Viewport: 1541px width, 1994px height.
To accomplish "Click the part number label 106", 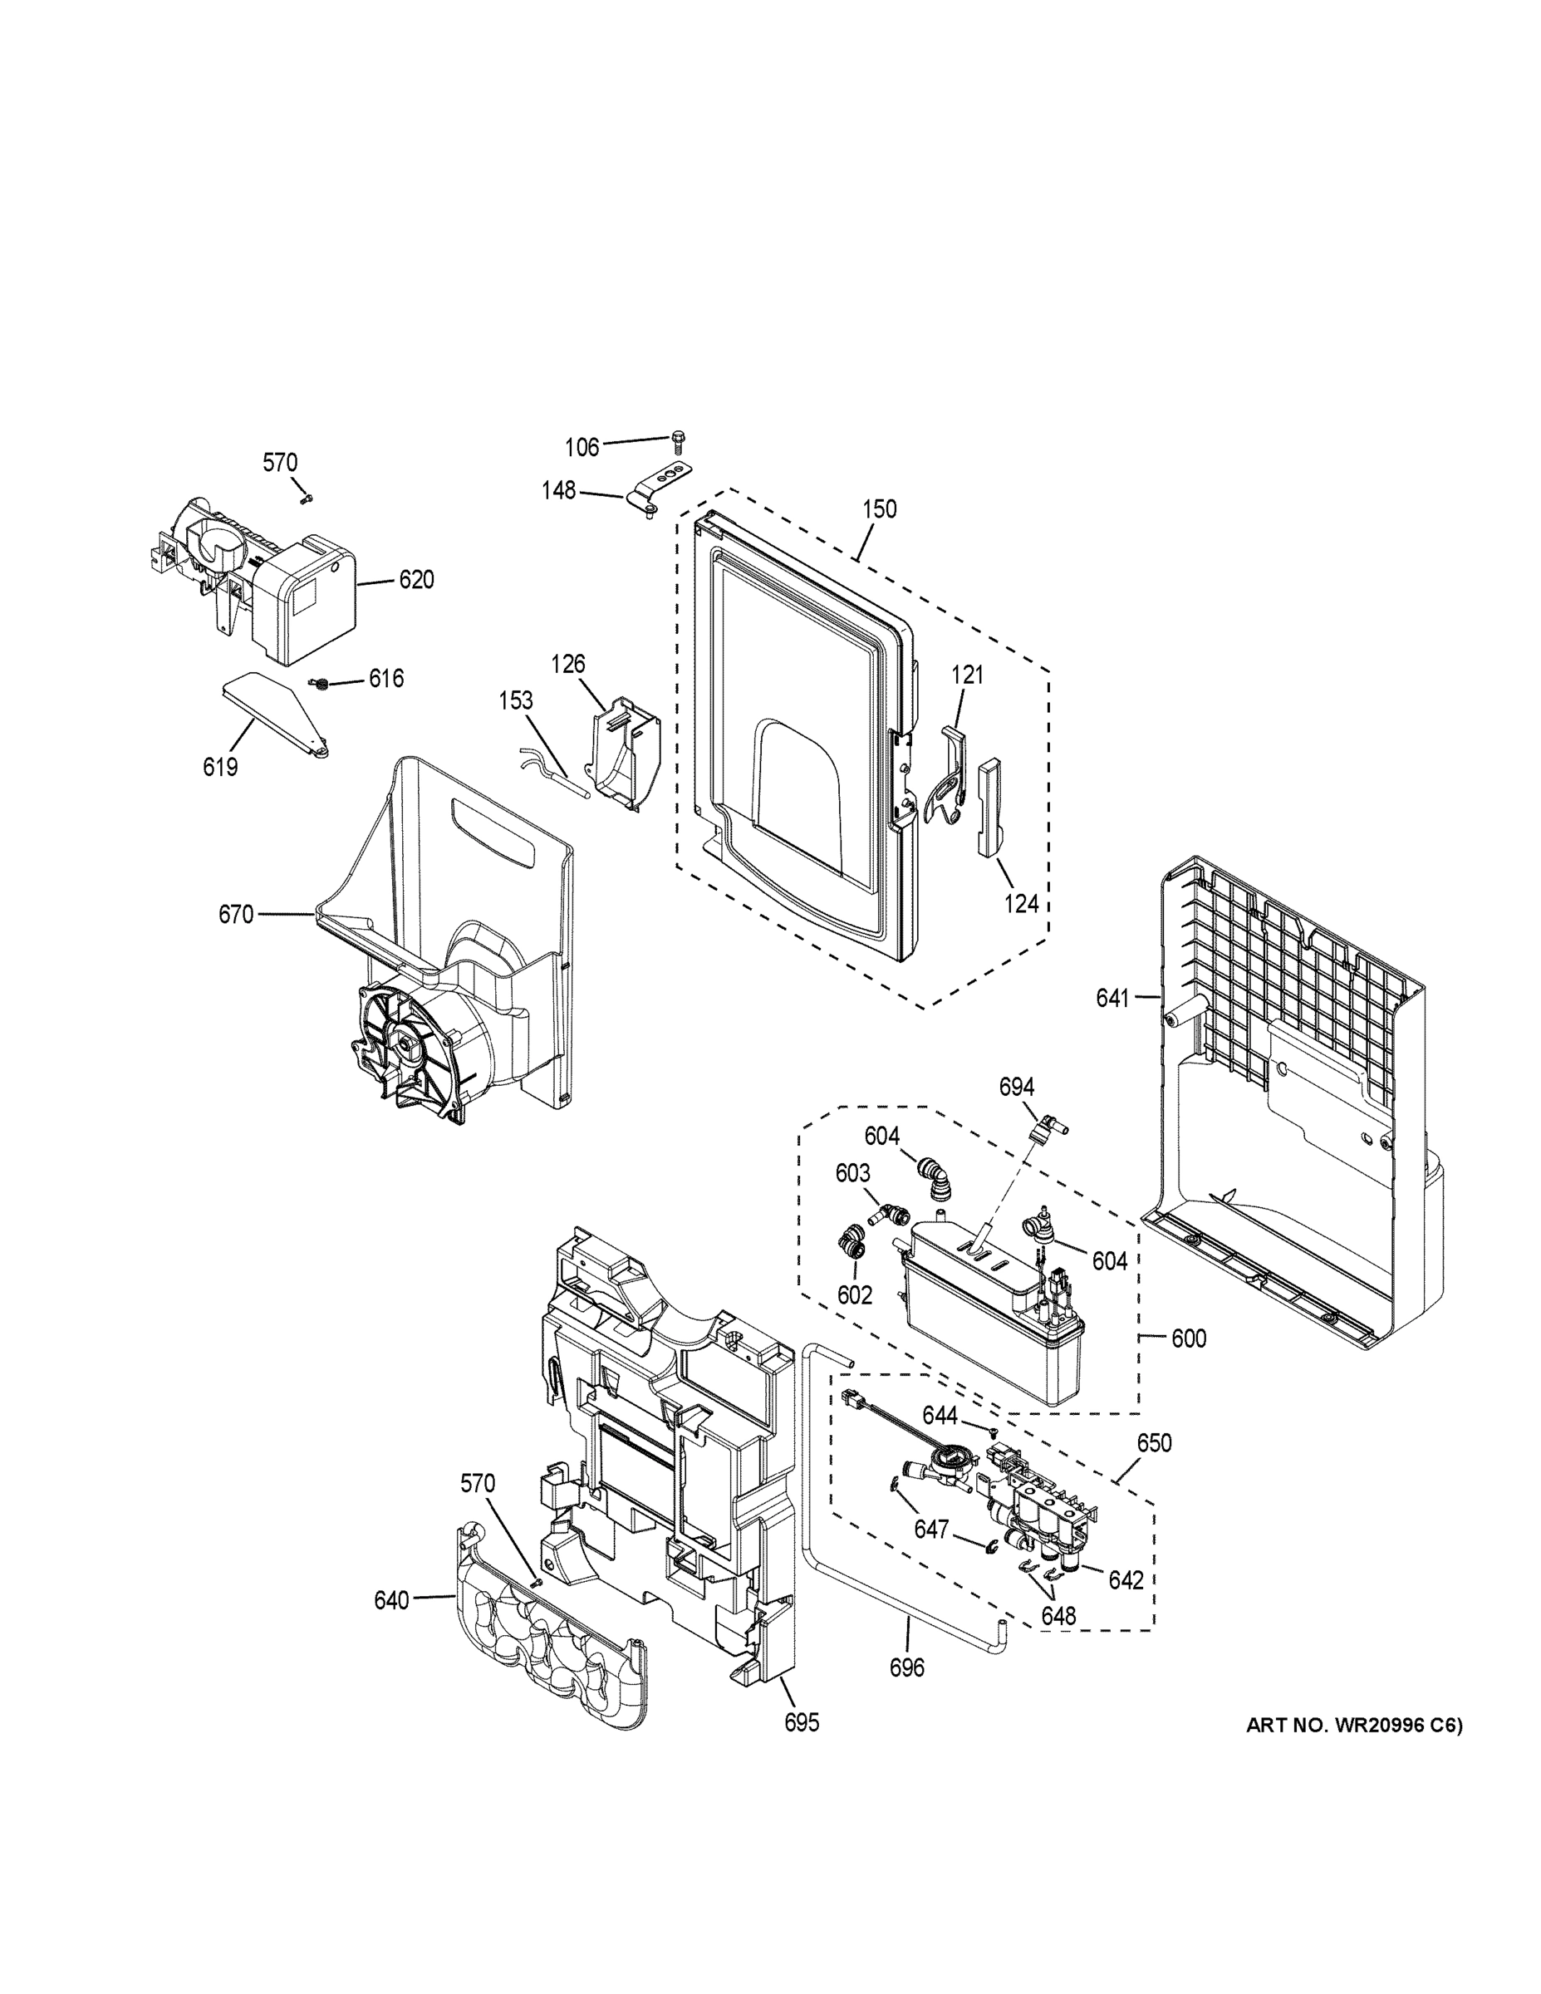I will pyautogui.click(x=582, y=446).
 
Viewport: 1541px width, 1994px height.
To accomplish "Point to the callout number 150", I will pyautogui.click(x=879, y=508).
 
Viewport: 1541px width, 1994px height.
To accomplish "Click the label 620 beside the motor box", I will pyautogui.click(x=415, y=580).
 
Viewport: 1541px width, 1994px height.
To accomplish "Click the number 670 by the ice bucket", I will pyautogui.click(x=236, y=914).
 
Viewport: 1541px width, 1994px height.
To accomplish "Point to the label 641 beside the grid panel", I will pyautogui.click(x=1113, y=999).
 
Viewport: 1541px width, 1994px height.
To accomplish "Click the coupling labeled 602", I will pyautogui.click(x=850, y=1246).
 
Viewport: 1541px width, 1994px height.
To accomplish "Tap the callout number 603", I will pyautogui.click(x=852, y=1173).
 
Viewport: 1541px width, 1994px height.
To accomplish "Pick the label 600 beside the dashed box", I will pyautogui.click(x=1189, y=1338).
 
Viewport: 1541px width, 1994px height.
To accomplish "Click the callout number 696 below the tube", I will pyautogui.click(x=906, y=1668).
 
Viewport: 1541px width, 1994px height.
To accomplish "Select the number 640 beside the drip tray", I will pyautogui.click(x=390, y=1600).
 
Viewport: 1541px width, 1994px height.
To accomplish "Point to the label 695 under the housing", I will pyautogui.click(x=802, y=1723).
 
